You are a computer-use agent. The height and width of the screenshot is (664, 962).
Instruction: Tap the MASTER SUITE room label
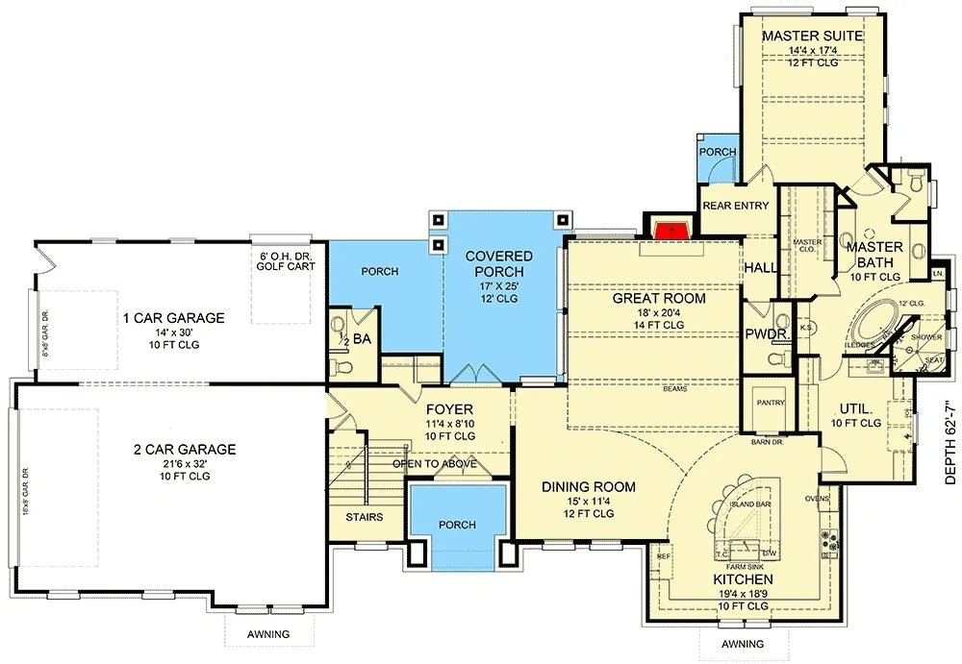[813, 37]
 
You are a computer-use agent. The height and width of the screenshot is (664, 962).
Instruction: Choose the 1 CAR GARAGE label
[173, 318]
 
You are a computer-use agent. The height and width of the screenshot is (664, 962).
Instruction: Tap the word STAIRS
[363, 517]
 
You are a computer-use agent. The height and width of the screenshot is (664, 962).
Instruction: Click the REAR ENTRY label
[735, 206]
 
